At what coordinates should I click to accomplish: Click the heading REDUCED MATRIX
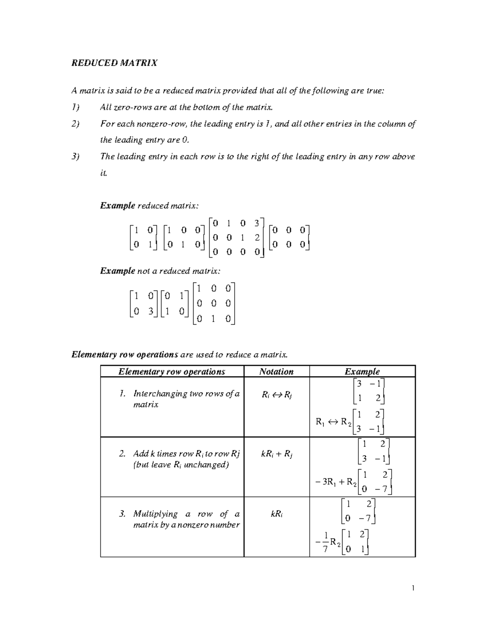coord(114,63)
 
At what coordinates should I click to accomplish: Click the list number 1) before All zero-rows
coord(76,108)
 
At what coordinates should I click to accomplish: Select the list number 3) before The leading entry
coord(76,157)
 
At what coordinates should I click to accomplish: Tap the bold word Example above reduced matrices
coord(117,206)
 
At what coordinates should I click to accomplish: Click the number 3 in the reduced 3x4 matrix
coord(256,223)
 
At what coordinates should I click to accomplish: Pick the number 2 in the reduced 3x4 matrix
coord(257,238)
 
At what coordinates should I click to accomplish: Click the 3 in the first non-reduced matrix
coord(150,312)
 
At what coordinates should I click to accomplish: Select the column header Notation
coord(276,372)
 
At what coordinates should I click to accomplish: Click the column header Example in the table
coord(362,372)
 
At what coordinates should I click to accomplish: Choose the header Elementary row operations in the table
coord(172,372)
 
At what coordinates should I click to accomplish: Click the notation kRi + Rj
coord(277,454)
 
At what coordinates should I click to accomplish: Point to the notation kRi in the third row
coord(276,514)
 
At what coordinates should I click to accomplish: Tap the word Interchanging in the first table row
coord(159,393)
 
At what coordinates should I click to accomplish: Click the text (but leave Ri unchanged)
coord(181,465)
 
